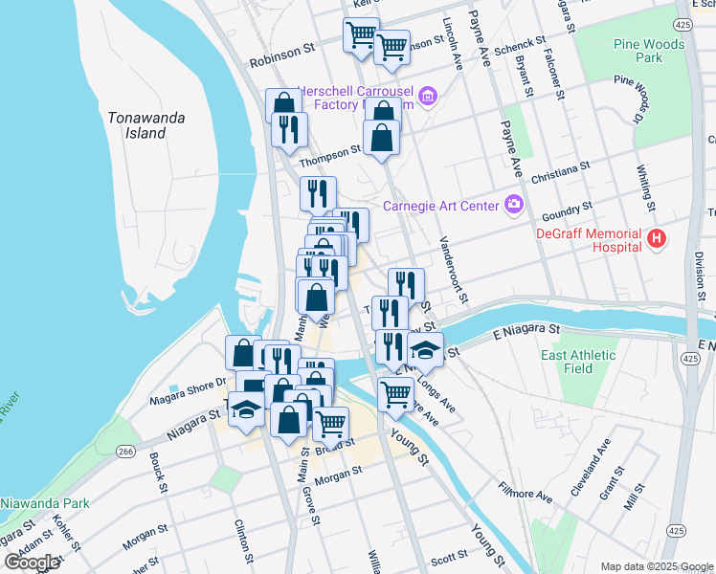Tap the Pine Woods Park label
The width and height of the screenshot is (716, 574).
(x=652, y=51)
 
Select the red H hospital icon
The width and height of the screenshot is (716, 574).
(x=656, y=239)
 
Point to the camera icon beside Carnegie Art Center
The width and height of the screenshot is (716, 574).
(x=514, y=205)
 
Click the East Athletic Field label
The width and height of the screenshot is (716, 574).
(x=578, y=362)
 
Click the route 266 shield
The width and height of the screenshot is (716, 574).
(x=125, y=451)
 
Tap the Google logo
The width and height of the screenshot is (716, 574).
(x=32, y=562)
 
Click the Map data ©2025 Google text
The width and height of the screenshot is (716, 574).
(x=657, y=566)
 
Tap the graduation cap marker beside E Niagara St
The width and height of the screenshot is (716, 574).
(x=426, y=350)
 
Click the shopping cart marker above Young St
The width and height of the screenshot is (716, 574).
(x=394, y=393)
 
